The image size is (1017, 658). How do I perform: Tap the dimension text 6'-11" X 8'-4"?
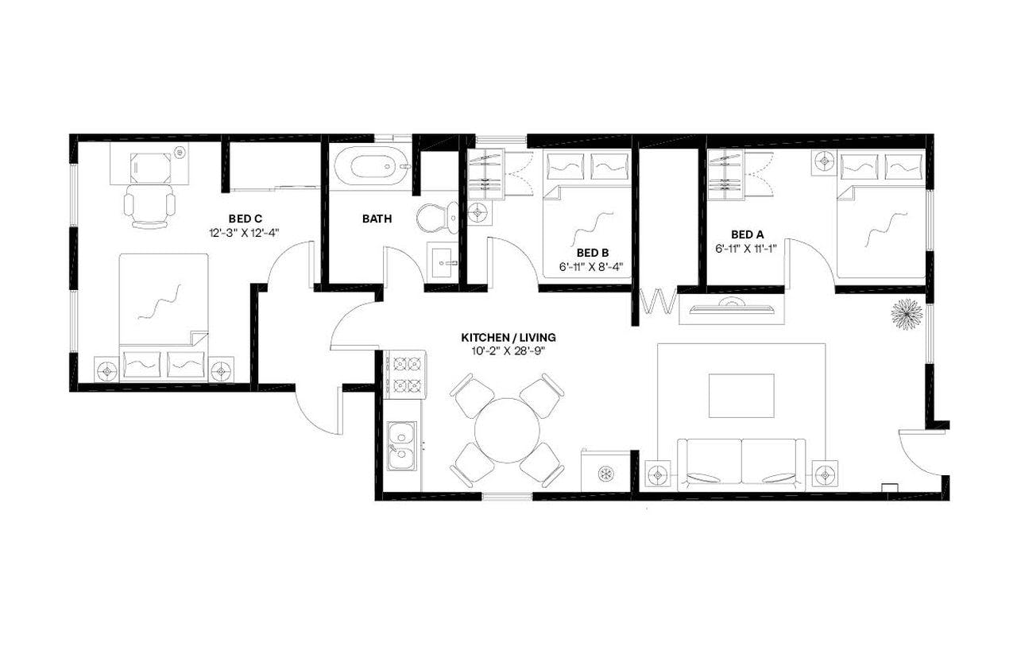[x=590, y=267]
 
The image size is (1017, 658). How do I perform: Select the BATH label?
[x=377, y=219]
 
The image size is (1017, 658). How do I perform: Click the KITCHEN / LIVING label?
[x=506, y=336]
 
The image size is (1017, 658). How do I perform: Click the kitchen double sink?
[x=400, y=446]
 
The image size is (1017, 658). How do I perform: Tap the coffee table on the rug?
[x=741, y=395]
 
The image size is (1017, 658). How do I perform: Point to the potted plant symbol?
[x=905, y=314]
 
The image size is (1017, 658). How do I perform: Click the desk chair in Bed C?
[x=149, y=205]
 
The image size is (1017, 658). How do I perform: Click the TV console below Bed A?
[x=731, y=308]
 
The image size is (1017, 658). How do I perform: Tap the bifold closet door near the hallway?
[x=659, y=303]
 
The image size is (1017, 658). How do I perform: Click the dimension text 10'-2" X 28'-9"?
[x=506, y=350]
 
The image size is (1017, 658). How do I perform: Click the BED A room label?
[x=747, y=234]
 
